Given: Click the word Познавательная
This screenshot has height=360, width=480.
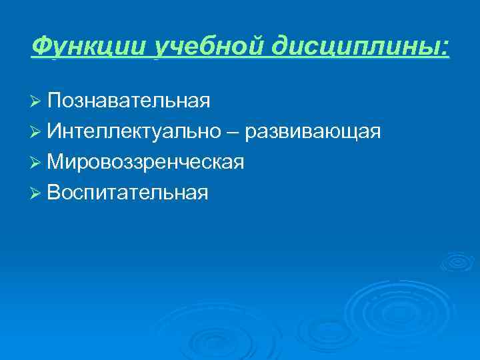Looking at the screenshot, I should [x=129, y=101].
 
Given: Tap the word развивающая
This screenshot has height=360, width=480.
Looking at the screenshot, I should [x=313, y=132].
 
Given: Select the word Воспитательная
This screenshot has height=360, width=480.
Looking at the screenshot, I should [x=128, y=193].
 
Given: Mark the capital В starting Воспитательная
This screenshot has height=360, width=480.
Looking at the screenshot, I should [x=54, y=193].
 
